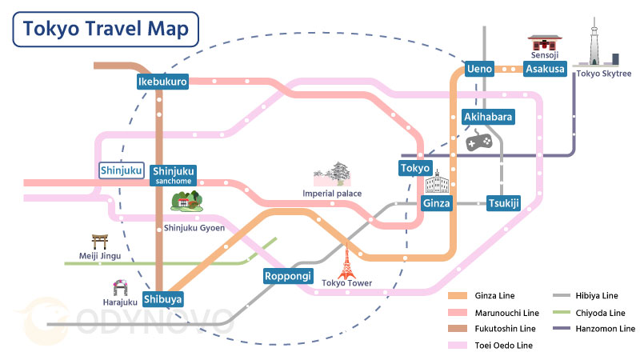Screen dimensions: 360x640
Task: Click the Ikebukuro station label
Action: click(162, 82)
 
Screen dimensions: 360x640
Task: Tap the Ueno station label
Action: click(479, 70)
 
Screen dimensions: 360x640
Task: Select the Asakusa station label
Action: click(545, 70)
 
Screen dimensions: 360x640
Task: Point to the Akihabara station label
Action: click(488, 117)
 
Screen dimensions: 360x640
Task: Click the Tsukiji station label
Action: click(503, 203)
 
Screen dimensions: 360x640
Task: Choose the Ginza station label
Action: click(438, 203)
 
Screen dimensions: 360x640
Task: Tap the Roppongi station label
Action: click(287, 277)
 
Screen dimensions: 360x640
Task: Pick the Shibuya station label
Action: click(163, 299)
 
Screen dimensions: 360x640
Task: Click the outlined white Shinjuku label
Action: click(122, 170)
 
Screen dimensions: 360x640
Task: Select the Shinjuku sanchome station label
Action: click(174, 174)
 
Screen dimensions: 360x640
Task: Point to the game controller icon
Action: click(478, 142)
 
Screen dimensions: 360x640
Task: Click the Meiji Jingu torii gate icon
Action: click(100, 241)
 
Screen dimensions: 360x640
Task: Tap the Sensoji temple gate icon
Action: click(543, 45)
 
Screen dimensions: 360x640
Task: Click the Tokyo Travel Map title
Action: click(106, 30)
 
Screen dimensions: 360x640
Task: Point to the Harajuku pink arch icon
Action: click(121, 287)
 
